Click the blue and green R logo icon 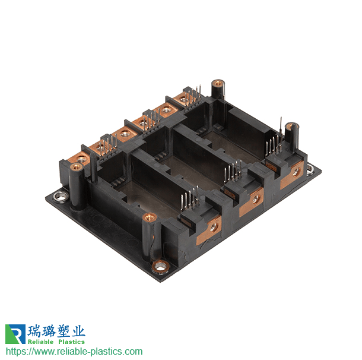point(15,334)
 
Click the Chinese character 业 point(78,331)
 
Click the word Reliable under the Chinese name point(40,342)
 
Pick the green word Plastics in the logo point(72,342)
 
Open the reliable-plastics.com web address point(74,352)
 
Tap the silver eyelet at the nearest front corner point(161,267)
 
